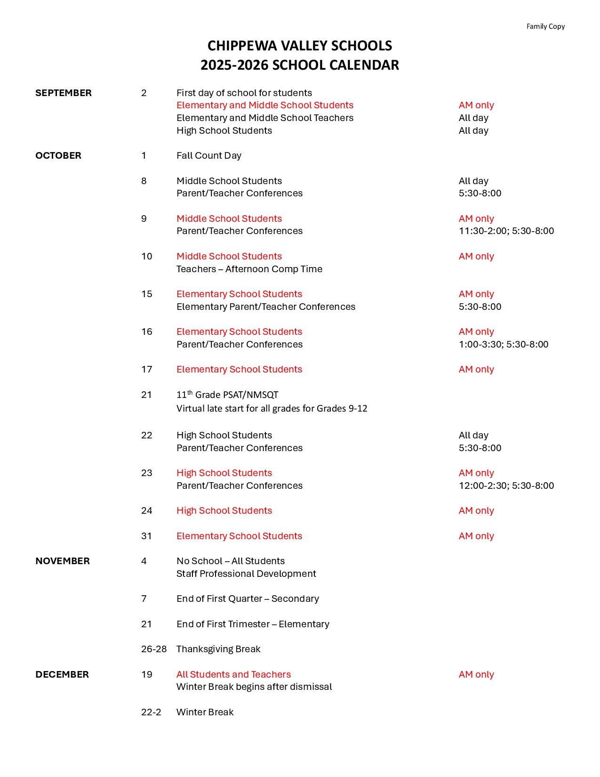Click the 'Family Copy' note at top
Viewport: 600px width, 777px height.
(x=545, y=26)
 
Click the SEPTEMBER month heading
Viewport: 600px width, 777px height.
(x=64, y=93)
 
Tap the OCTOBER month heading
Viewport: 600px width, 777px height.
(x=58, y=155)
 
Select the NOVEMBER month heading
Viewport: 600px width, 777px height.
(x=63, y=561)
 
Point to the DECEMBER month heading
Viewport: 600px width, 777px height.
(x=62, y=674)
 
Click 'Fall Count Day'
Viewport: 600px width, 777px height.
(x=209, y=155)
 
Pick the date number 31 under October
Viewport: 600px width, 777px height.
(x=146, y=536)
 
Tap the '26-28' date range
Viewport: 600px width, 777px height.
(x=154, y=649)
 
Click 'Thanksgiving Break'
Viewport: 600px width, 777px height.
(x=218, y=649)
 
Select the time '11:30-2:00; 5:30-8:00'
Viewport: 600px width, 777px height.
(x=506, y=231)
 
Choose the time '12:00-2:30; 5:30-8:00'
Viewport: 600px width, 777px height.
(x=506, y=486)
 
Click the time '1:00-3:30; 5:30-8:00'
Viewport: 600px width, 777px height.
(x=504, y=344)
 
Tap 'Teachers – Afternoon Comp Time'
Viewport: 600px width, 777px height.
(x=249, y=269)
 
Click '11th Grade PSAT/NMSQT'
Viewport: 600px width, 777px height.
(x=227, y=395)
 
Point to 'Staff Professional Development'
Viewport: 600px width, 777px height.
(x=246, y=574)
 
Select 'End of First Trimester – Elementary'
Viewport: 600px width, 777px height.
(x=253, y=624)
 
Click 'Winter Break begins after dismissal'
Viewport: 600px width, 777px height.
(x=254, y=687)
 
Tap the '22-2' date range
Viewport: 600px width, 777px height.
(x=151, y=712)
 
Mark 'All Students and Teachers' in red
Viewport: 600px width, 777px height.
(x=233, y=674)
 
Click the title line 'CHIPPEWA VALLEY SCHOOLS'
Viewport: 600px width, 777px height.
(x=300, y=46)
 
